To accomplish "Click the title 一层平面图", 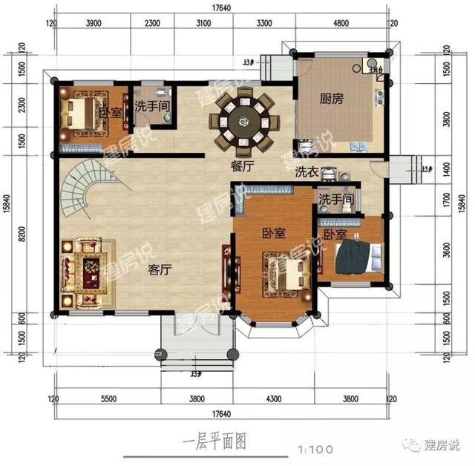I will coord(212,442).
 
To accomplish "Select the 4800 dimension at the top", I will coord(341,24).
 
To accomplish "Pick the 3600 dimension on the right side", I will coord(446,252).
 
